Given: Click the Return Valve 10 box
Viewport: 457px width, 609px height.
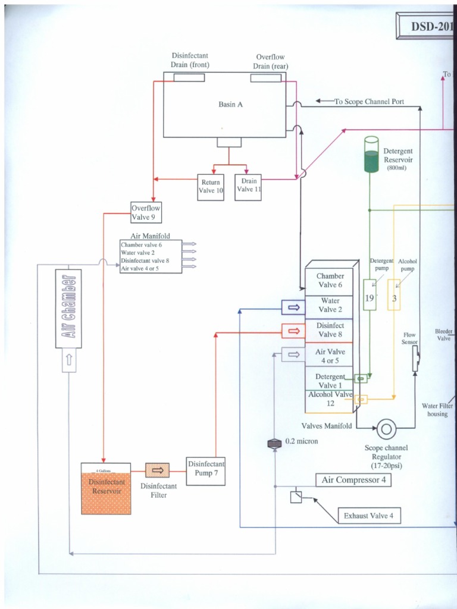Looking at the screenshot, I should [210, 186].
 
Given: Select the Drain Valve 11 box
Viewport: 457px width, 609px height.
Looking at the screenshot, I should [249, 186].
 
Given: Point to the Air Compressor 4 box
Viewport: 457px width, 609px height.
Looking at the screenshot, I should [353, 479].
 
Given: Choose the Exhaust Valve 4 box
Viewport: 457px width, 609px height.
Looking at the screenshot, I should [368, 516].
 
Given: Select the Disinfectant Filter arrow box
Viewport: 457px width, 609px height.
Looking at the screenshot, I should [157, 470].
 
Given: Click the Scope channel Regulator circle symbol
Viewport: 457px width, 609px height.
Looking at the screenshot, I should [386, 428].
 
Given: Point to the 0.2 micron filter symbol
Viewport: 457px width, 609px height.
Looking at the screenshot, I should [274, 442].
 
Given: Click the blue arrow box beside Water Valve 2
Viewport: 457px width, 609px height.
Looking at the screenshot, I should [293, 306].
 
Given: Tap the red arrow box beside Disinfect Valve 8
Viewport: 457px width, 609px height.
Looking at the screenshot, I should [293, 331].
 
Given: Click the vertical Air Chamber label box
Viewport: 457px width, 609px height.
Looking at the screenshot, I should [68, 308].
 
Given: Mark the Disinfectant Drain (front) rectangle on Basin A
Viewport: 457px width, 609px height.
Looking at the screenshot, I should [189, 77].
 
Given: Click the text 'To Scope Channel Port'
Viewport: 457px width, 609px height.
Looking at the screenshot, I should [369, 102].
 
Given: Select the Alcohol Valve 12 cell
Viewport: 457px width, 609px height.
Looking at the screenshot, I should [330, 399].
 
